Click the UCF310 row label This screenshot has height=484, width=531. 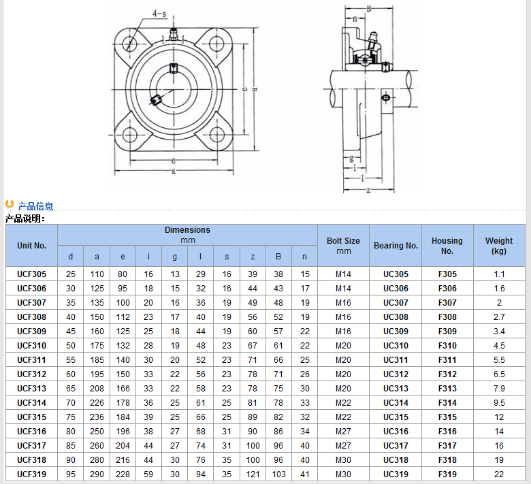31,346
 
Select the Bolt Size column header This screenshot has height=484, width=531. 343,246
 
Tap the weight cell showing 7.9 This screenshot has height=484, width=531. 499,389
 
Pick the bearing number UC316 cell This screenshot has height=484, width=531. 396,432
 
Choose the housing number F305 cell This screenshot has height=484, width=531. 447,274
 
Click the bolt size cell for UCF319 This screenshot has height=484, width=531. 343,474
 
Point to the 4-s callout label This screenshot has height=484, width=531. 159,14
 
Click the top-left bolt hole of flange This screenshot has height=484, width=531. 129,44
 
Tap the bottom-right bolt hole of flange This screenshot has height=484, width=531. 216,135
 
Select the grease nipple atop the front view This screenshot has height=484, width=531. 174,35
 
